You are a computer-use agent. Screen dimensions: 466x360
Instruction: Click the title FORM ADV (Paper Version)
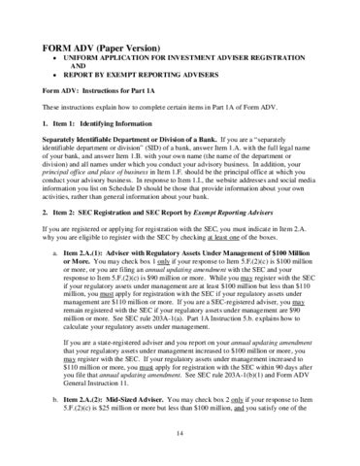93,48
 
